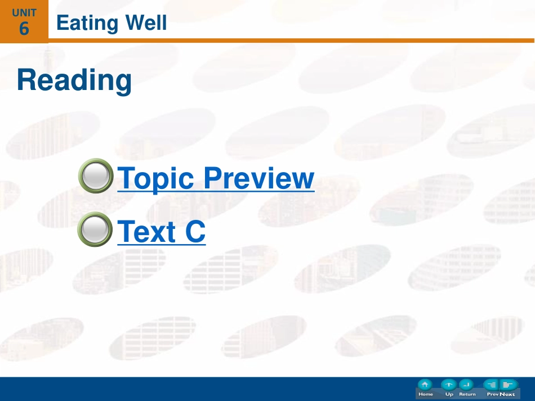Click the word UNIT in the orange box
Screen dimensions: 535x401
click(x=24, y=13)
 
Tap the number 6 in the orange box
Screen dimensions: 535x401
click(x=24, y=28)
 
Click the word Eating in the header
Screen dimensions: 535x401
click(x=87, y=23)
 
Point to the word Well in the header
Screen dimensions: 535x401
click(x=146, y=22)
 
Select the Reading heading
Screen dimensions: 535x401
click(x=74, y=80)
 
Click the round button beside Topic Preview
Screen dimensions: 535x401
click(x=96, y=176)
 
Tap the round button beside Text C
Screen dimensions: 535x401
click(x=95, y=229)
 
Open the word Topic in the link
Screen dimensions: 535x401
click(x=155, y=178)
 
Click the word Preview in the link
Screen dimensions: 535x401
click(x=259, y=178)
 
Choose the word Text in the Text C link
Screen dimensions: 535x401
click(x=147, y=231)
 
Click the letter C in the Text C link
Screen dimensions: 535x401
click(x=195, y=231)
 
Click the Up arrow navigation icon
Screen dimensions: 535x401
click(x=449, y=385)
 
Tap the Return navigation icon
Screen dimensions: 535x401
click(x=466, y=385)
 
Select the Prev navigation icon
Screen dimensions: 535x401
click(x=491, y=385)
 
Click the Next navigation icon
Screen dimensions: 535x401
click(x=509, y=385)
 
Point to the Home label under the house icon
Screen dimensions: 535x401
click(x=426, y=394)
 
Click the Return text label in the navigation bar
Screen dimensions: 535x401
click(x=467, y=394)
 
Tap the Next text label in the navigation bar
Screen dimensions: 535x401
click(x=507, y=394)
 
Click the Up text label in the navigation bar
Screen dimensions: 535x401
click(x=449, y=394)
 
